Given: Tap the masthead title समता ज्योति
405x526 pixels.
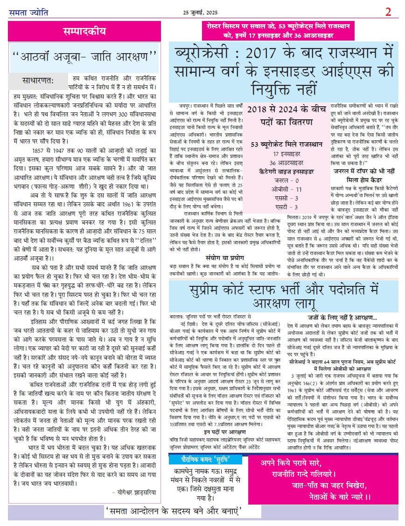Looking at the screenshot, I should coord(28,11).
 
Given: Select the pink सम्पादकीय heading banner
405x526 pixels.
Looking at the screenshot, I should coord(84,32).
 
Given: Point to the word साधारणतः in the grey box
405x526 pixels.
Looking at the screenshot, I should coord(38,80).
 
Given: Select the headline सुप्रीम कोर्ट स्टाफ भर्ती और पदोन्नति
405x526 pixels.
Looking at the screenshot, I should coord(285,296).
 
